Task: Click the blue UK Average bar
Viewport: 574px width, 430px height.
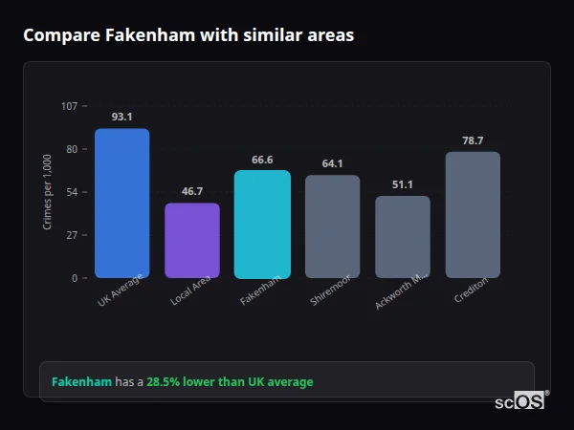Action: pyautogui.click(x=122, y=204)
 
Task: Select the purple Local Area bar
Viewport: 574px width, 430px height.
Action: pyautogui.click(x=192, y=241)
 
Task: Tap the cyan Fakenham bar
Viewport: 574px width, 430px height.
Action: pyautogui.click(x=262, y=225)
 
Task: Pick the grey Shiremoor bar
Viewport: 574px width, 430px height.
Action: pyautogui.click(x=332, y=226)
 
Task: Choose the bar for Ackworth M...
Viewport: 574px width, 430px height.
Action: pyautogui.click(x=402, y=237)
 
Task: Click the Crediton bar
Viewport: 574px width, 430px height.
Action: pyautogui.click(x=473, y=215)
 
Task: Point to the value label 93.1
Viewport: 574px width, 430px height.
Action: pyautogui.click(x=122, y=117)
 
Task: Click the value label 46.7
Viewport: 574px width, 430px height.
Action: pyautogui.click(x=192, y=191)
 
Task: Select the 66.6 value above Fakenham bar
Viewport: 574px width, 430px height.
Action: pyautogui.click(x=262, y=160)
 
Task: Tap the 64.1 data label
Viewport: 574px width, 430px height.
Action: pyautogui.click(x=332, y=163)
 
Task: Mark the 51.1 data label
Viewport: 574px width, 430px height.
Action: pyautogui.click(x=402, y=184)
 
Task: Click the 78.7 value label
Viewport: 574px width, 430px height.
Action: pyautogui.click(x=473, y=140)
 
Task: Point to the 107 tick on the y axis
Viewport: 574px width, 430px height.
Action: pyautogui.click(x=69, y=106)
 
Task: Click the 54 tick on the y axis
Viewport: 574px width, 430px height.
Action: pyautogui.click(x=72, y=192)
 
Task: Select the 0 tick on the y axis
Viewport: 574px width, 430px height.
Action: pyautogui.click(x=74, y=278)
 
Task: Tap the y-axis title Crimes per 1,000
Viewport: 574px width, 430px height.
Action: pyautogui.click(x=48, y=191)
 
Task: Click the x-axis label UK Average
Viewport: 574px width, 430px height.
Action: pyautogui.click(x=120, y=291)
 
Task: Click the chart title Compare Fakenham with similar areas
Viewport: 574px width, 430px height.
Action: pyautogui.click(x=188, y=35)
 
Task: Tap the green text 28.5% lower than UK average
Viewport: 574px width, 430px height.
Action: pyautogui.click(x=230, y=382)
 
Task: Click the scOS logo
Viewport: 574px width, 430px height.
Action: pyautogui.click(x=519, y=401)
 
